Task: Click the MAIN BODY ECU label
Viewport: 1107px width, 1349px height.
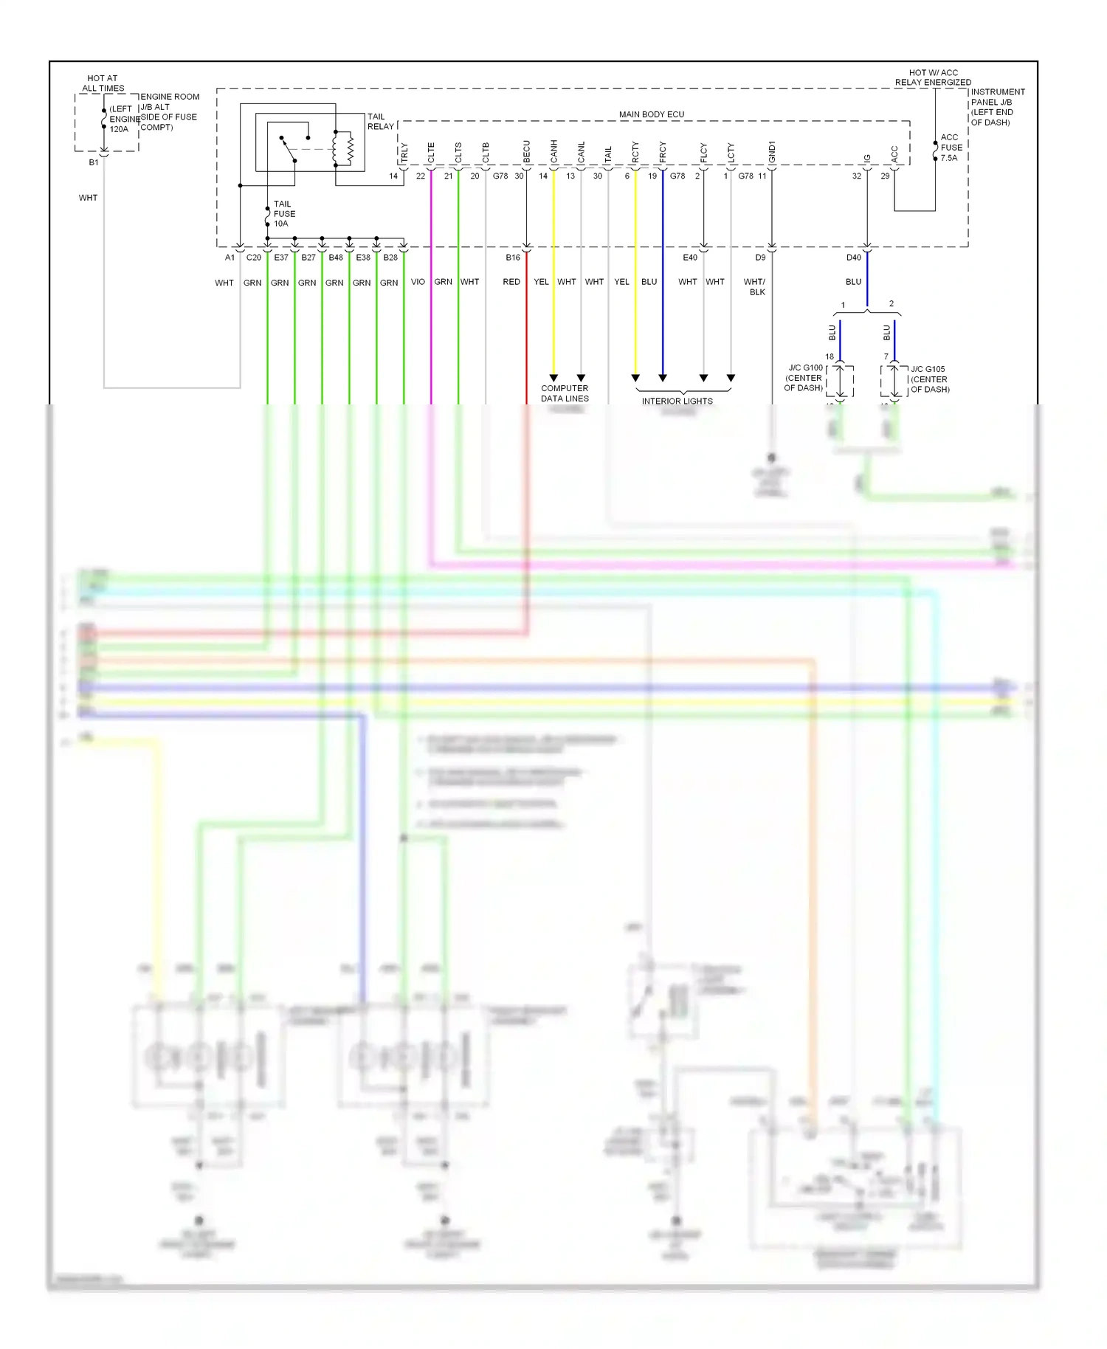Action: point(651,114)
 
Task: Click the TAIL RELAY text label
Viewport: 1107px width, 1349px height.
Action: point(380,122)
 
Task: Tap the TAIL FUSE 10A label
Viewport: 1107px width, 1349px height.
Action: point(283,214)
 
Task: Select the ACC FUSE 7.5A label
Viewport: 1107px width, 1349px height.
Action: point(951,148)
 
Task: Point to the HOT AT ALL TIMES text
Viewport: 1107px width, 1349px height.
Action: point(103,83)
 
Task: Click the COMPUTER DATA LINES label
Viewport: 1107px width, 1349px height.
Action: point(565,393)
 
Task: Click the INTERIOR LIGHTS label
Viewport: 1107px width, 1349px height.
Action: point(677,401)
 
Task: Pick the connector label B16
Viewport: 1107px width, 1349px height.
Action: point(513,258)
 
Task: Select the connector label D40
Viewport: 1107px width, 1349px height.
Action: point(853,258)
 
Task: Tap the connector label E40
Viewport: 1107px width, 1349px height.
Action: point(689,258)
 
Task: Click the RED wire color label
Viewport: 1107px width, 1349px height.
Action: point(511,282)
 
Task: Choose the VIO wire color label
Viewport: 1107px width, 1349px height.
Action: point(418,282)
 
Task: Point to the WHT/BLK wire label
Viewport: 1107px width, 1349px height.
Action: point(755,287)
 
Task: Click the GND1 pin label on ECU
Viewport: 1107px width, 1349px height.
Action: point(772,152)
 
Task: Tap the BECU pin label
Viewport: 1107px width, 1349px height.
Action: point(527,152)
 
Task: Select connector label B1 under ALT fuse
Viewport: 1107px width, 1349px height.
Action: point(94,162)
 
